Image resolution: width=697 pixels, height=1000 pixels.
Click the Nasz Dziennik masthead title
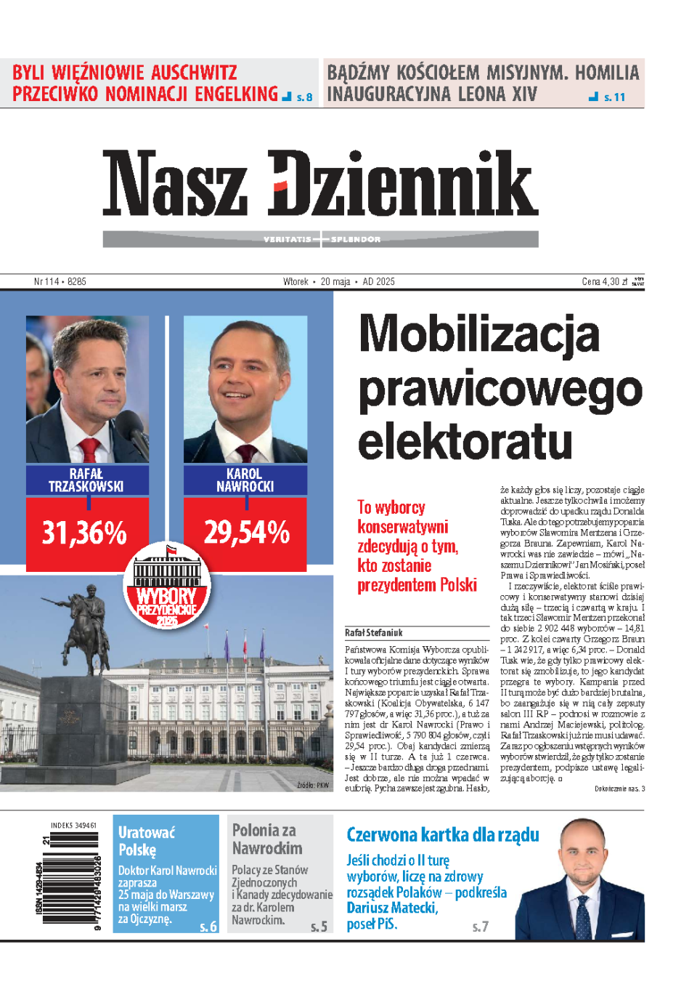[320, 183]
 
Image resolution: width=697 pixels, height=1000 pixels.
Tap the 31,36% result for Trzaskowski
[84, 533]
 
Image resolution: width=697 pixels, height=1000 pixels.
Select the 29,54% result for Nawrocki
[246, 533]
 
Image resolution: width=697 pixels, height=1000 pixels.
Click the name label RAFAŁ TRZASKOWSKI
[86, 480]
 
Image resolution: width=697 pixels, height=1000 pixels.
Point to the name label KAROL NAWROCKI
[245, 480]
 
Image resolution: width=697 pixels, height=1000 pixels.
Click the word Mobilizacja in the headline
[479, 334]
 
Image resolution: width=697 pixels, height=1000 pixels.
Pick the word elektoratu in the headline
[465, 442]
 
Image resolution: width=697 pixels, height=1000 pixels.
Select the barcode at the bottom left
[70, 878]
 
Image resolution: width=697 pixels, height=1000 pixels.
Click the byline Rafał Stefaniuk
[374, 633]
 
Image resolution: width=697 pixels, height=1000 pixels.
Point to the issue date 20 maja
[335, 282]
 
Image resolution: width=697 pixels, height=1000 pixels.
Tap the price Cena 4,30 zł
[604, 282]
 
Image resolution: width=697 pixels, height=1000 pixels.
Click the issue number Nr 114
[46, 282]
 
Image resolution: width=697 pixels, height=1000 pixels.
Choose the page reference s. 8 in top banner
[304, 97]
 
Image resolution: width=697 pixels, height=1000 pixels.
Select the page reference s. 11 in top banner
[614, 97]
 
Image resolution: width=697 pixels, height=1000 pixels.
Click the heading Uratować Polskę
[147, 841]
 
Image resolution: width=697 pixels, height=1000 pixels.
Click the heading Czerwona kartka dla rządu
[443, 834]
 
